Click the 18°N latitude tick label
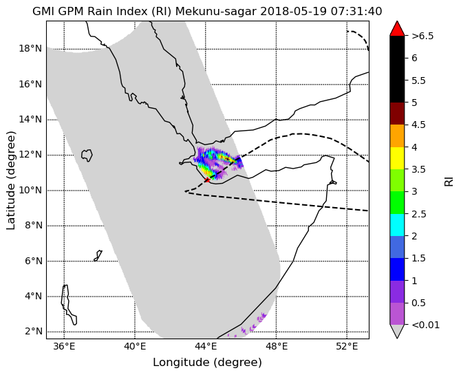click(x=30, y=49)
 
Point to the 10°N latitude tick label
click(x=30, y=191)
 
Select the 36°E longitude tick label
click(x=65, y=347)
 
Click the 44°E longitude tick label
click(x=206, y=347)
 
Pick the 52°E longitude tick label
click(x=347, y=347)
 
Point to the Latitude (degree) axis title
click(x=10, y=180)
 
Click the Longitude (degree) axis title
click(x=207, y=363)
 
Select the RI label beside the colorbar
click(x=449, y=180)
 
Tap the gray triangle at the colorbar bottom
click(x=397, y=330)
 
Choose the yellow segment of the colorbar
click(x=397, y=158)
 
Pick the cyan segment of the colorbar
click(x=397, y=225)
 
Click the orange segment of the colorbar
click(x=397, y=136)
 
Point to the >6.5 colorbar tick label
click(x=422, y=36)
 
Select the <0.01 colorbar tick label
click(x=425, y=325)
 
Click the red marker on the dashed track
click(x=207, y=180)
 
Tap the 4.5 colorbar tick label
click(x=418, y=125)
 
